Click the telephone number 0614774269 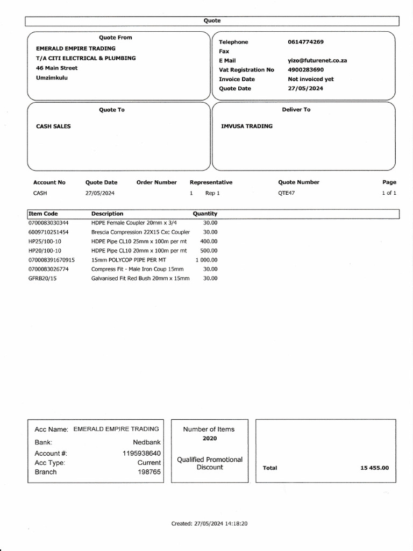(x=305, y=42)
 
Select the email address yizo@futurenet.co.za (x=317, y=61)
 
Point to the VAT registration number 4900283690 (x=306, y=70)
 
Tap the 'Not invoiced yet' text (x=310, y=79)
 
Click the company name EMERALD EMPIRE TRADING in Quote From (x=75, y=48)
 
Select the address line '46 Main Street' (x=56, y=68)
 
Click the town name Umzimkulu (x=52, y=77)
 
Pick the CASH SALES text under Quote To (x=53, y=126)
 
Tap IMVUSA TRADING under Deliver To (x=247, y=126)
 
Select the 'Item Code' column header (x=43, y=214)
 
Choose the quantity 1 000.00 (x=206, y=260)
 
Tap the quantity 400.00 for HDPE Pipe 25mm (x=209, y=241)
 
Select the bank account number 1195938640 (x=141, y=453)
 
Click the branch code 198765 (x=149, y=472)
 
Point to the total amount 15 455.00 (x=374, y=468)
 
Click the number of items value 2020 (x=209, y=439)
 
